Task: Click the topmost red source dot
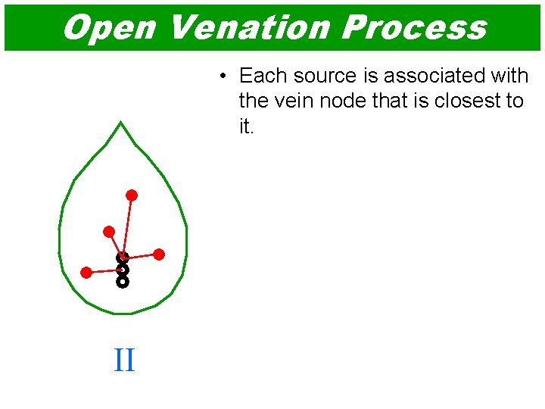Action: pos(132,195)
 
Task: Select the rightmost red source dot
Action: pos(159,254)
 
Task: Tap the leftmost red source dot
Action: pos(86,272)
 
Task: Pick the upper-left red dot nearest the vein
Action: pos(109,231)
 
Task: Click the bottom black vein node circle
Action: pos(123,282)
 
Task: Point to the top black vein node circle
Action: pos(123,258)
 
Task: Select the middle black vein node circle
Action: pos(123,270)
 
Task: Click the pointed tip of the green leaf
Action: pos(120,123)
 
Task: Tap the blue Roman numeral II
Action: pos(124,360)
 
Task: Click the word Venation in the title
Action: pos(248,27)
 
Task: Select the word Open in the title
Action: pos(109,27)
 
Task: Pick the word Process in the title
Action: pos(413,27)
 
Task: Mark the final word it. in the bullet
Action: pos(247,126)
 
